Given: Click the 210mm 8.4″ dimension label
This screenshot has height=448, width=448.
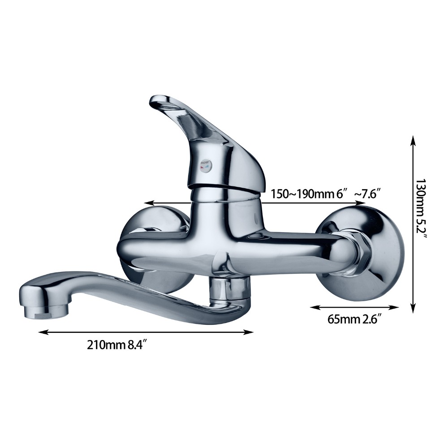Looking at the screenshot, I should click(117, 345).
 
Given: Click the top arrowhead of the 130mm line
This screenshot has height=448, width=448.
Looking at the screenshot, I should click(413, 140).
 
